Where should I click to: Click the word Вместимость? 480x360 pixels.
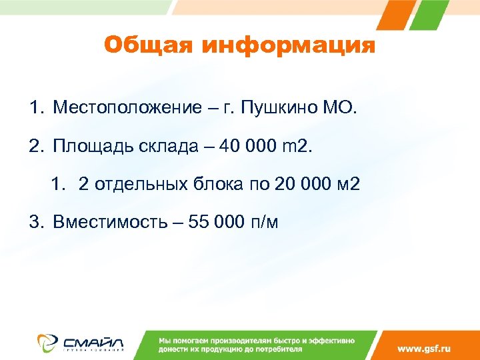point(110,222)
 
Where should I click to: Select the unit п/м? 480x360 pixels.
point(265,222)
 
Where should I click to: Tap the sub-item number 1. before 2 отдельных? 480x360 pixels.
point(59,184)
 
